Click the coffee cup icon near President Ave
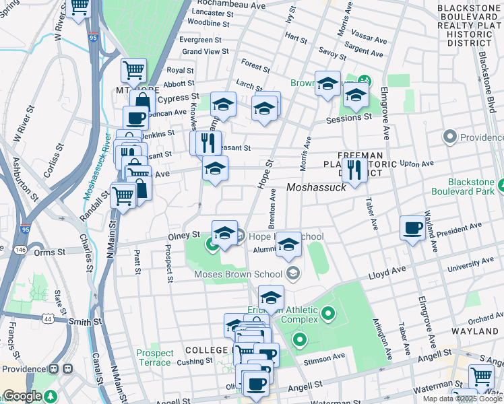pyautogui.click(x=412, y=228)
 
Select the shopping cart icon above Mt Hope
pyautogui.click(x=133, y=70)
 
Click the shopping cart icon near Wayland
pyautogui.click(x=480, y=376)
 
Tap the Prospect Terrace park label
pyautogui.click(x=154, y=358)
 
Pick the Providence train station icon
pyautogui.click(x=67, y=370)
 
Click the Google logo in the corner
pyautogui.click(x=22, y=396)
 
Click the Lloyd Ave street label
pyautogui.click(x=387, y=271)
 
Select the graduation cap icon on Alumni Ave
pyautogui.click(x=288, y=244)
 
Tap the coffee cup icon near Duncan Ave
pyautogui.click(x=135, y=118)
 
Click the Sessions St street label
pyautogui.click(x=348, y=116)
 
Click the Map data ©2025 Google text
pyautogui.click(x=462, y=399)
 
